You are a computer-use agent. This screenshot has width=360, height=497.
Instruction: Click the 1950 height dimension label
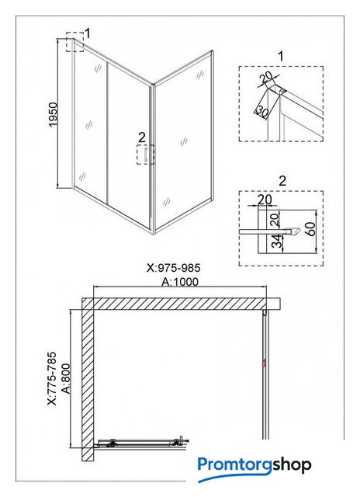pos(54,114)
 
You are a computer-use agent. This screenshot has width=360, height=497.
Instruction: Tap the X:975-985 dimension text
pos(174,268)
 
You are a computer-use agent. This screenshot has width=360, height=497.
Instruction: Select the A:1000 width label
pos(180,282)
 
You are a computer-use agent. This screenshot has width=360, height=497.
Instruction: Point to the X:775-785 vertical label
pos(52,378)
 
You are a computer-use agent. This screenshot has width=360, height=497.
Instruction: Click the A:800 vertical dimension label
pos(66,378)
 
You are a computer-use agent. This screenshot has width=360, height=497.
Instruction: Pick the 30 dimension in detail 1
pos(262,110)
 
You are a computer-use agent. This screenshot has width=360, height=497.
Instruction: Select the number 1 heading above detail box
pos(281,57)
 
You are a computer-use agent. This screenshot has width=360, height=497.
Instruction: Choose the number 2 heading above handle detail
pos(282,181)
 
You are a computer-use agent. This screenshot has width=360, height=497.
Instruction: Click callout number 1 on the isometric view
pos(88,33)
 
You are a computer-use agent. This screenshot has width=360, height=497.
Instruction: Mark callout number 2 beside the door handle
pos(141,137)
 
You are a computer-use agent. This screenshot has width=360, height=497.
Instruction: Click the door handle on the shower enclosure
pos(146,155)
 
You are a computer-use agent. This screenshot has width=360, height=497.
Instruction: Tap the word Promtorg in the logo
pos(235,465)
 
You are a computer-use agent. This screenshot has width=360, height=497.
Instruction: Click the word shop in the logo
pos(292,466)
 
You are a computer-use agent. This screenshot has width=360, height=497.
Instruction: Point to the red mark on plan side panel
pos(264,363)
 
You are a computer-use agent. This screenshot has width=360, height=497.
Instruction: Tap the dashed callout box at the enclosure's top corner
pos(75,41)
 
